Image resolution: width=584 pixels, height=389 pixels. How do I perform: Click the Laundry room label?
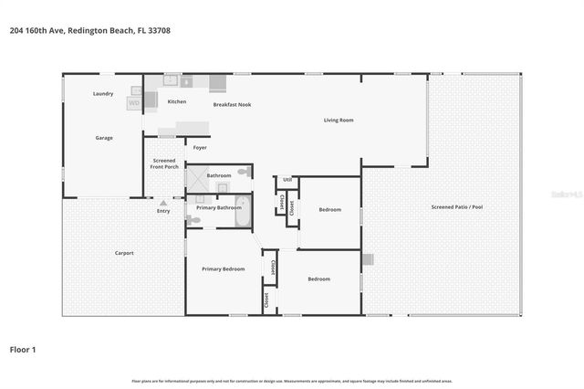[x=104, y=94]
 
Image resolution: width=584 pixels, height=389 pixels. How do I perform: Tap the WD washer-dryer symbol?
[x=133, y=103]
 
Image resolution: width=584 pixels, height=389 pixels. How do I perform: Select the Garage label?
[x=104, y=138]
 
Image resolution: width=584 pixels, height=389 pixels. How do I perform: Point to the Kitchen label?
[x=177, y=101]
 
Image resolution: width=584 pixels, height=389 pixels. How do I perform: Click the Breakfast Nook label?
[x=232, y=105]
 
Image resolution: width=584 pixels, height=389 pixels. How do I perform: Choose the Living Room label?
[x=339, y=121]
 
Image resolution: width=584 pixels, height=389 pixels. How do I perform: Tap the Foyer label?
[x=199, y=147]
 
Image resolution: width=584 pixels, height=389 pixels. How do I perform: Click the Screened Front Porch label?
[x=164, y=164]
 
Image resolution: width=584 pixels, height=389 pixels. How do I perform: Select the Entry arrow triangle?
[x=163, y=203]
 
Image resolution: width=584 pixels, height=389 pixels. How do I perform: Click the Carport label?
[x=124, y=253]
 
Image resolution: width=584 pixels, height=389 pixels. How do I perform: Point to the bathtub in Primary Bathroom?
[x=242, y=206]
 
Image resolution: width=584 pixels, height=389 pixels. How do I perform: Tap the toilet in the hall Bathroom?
[x=244, y=172]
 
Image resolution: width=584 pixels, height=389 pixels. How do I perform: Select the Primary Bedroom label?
[x=223, y=269]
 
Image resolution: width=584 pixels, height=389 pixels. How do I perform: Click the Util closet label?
[x=287, y=180]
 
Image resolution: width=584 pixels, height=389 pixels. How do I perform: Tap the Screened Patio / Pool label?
[x=456, y=207]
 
